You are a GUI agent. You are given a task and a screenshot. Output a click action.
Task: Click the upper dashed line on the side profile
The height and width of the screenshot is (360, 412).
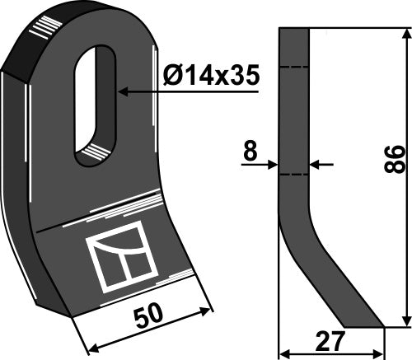[294, 66]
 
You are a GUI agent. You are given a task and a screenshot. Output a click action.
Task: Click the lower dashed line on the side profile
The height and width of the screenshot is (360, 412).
[294, 175]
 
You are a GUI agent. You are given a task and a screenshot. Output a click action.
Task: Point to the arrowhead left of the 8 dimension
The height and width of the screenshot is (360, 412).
[274, 165]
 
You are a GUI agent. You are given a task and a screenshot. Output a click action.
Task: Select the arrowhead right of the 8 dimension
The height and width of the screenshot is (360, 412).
[314, 165]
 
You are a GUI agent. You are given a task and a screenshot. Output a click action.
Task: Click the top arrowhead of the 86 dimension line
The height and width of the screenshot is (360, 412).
[405, 33]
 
